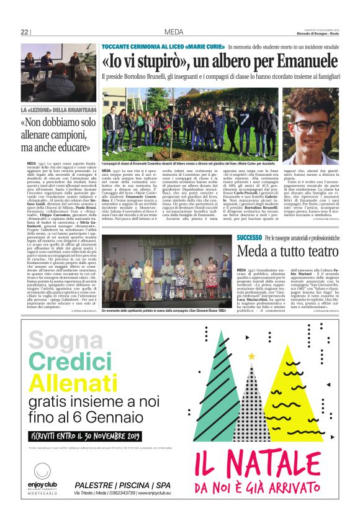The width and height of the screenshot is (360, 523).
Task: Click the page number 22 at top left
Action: (x=25, y=32)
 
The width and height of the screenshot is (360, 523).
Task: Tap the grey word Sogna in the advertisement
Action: (x=61, y=340)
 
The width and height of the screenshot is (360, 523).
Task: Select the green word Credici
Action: (x=68, y=362)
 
